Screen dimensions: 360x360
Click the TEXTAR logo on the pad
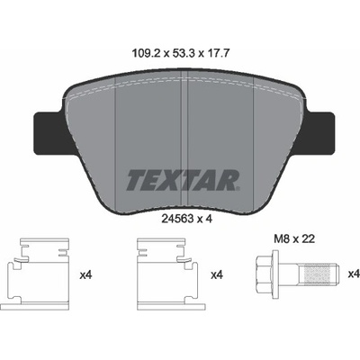click(183, 180)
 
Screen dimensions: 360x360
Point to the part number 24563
click(177, 219)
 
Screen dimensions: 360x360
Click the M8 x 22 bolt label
click(294, 239)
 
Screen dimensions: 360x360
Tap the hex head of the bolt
click(265, 274)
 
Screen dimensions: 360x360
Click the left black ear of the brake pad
click(49, 133)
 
